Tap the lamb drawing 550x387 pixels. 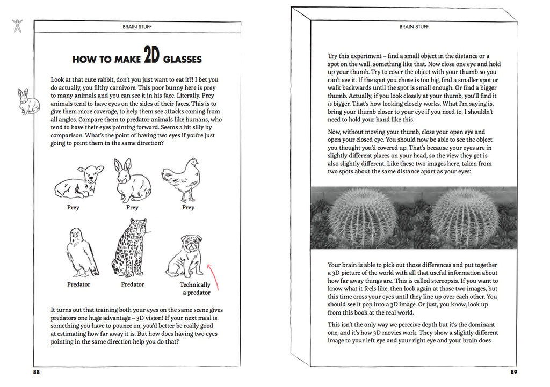(78, 181)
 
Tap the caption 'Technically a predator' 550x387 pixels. (196, 289)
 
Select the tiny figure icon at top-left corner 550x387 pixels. (18, 25)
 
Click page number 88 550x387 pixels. (37, 371)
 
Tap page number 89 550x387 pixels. (513, 371)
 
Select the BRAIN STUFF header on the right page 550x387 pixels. (414, 26)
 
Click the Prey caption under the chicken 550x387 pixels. (188, 208)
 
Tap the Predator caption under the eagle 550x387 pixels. (78, 284)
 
